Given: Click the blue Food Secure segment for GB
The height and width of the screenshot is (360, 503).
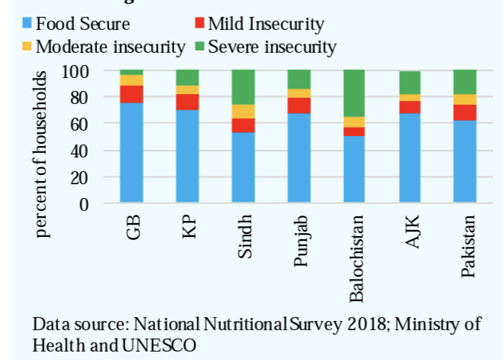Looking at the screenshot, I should (x=131, y=153).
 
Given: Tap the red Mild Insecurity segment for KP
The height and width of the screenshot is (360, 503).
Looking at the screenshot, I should (x=187, y=102).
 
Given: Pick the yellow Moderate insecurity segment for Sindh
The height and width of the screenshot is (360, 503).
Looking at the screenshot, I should (x=242, y=112).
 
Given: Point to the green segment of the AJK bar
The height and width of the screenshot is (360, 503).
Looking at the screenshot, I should (x=409, y=83).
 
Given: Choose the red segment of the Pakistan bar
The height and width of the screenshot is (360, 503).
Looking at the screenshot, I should (x=464, y=112).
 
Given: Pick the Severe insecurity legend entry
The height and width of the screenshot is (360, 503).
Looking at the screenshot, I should (x=271, y=47).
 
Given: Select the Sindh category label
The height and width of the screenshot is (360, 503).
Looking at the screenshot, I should (x=243, y=238).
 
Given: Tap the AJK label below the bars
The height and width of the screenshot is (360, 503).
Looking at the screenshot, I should (x=410, y=231).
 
